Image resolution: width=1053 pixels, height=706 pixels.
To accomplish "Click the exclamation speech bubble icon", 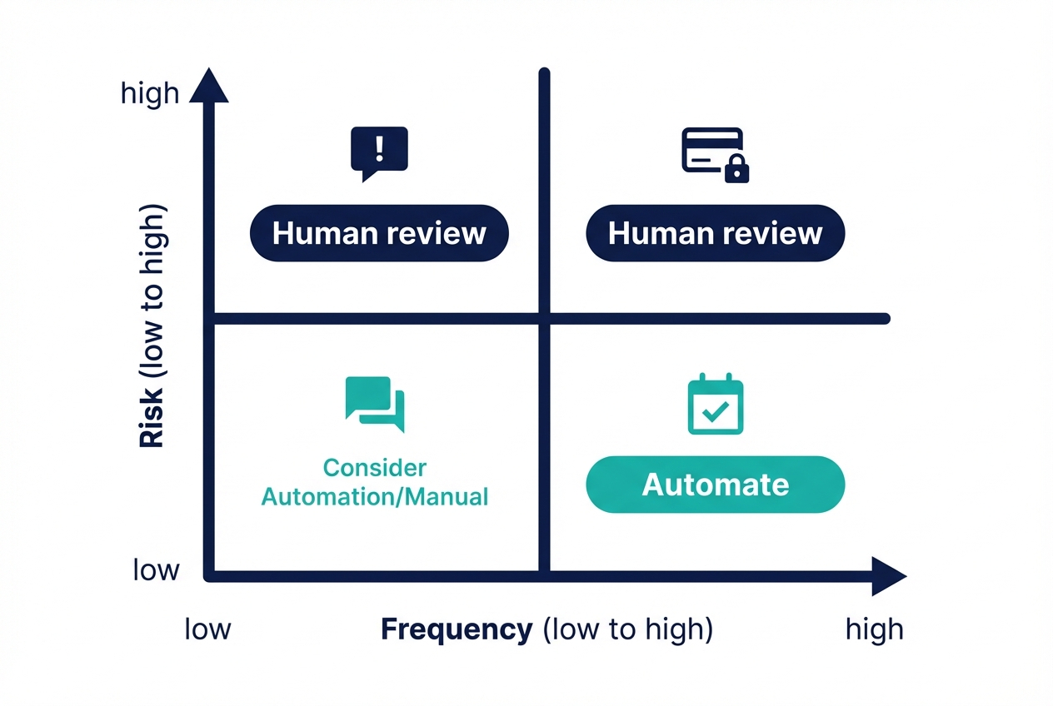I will [380, 151].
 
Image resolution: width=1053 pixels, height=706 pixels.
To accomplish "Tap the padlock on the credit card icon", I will [736, 171].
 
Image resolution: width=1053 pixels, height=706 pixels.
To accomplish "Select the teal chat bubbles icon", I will [374, 404].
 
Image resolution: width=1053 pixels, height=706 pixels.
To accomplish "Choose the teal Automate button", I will [716, 485].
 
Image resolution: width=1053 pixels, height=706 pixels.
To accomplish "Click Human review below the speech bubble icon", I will [379, 233].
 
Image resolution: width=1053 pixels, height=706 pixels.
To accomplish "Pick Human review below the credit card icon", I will [716, 233].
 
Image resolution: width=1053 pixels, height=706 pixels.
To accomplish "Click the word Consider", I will [374, 467].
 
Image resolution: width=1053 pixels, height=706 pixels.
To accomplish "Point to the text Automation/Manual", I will [374, 497].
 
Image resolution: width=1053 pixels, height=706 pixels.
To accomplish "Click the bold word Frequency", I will [456, 629].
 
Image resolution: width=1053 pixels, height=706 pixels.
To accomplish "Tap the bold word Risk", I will [152, 420].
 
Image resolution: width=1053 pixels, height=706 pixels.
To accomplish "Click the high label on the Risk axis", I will [150, 93].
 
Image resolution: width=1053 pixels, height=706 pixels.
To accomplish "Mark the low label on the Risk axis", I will [156, 570].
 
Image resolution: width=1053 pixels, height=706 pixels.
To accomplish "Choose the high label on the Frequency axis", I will [874, 629].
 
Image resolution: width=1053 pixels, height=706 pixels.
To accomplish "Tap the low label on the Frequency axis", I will [207, 629].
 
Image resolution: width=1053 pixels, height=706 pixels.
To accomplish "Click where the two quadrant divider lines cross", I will [545, 318].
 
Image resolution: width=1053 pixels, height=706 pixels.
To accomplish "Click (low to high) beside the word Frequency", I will [627, 629].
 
